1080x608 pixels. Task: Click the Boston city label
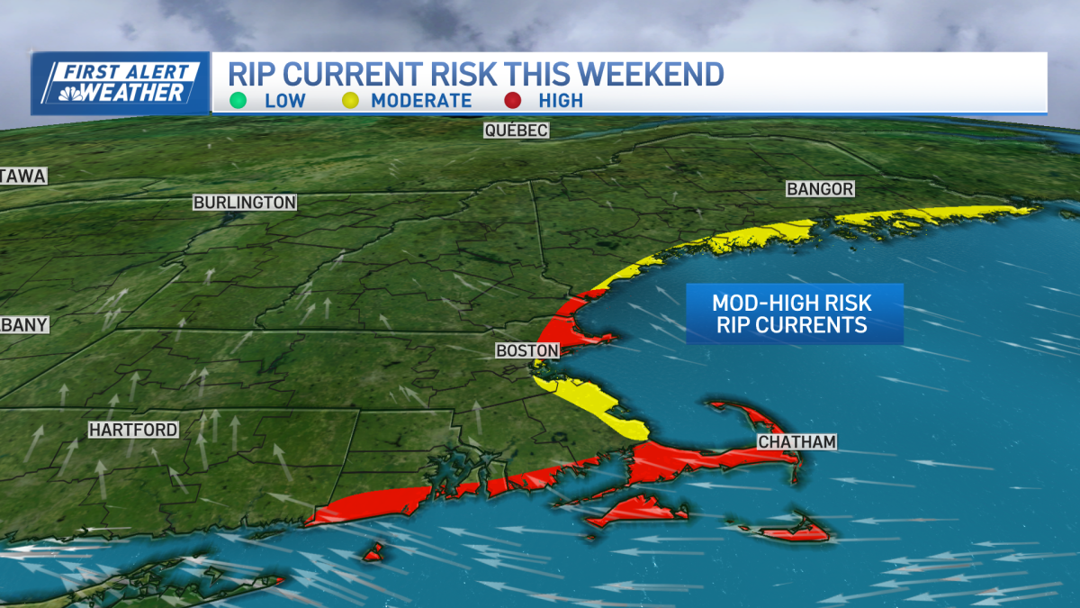pyautogui.click(x=527, y=350)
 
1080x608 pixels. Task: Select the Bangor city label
pyautogui.click(x=819, y=189)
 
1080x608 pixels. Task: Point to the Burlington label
pyautogui.click(x=245, y=203)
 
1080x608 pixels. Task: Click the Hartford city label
pyautogui.click(x=133, y=431)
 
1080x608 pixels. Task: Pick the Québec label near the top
pyautogui.click(x=516, y=131)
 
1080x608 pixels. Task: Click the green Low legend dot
pyautogui.click(x=238, y=100)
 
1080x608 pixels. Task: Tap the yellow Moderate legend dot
pyautogui.click(x=350, y=100)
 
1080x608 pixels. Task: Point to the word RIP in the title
pyautogui.click(x=256, y=74)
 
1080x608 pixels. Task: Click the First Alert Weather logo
pyautogui.click(x=121, y=83)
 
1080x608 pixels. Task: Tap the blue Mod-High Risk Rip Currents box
pyautogui.click(x=793, y=313)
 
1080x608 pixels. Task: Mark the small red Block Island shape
pyautogui.click(x=373, y=551)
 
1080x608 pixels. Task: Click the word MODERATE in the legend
pyautogui.click(x=421, y=100)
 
